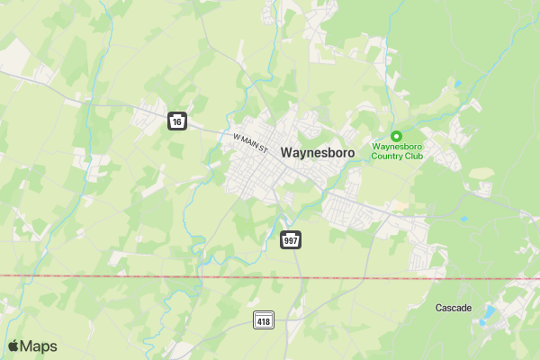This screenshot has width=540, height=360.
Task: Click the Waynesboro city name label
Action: coord(318,153)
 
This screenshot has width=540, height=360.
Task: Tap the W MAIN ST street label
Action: coord(250,142)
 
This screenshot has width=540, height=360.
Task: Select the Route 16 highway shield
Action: coord(177,121)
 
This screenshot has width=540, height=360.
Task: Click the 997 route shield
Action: coord(291,240)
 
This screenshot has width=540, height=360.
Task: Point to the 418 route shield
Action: coord(264,321)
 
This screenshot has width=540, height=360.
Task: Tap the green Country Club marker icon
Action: coord(396,135)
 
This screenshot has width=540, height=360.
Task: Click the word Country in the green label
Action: coord(390,156)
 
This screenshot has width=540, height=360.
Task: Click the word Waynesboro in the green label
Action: coord(397,146)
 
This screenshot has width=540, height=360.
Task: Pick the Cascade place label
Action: coord(453,308)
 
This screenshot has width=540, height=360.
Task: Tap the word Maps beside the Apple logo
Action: coord(39,346)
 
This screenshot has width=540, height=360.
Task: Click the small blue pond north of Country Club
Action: coord(458,84)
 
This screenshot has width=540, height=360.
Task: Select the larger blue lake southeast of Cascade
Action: coord(490,313)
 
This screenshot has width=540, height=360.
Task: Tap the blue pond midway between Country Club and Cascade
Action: coord(463,219)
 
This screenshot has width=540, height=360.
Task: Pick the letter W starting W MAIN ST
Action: coord(236,136)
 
